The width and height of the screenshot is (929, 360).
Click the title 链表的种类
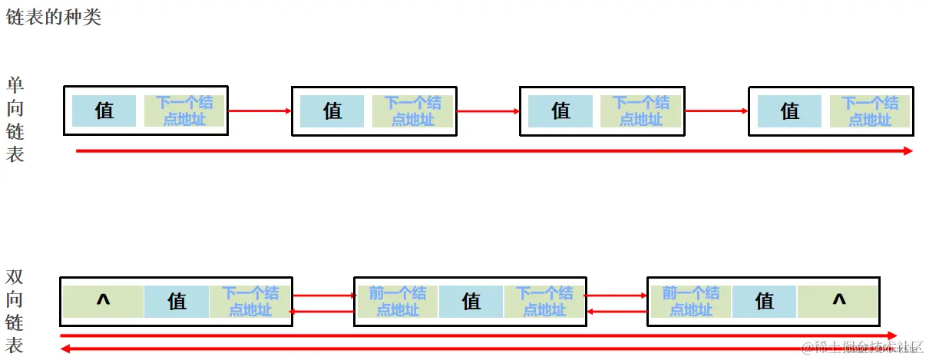tap(54, 17)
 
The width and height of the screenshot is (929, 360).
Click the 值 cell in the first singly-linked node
tap(104, 111)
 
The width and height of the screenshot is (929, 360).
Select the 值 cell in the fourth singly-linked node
tap(789, 111)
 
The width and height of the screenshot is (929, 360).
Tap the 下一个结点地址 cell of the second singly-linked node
tap(412, 111)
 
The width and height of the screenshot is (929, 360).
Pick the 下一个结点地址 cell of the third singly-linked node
tap(640, 111)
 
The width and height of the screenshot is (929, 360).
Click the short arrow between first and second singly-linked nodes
tap(260, 111)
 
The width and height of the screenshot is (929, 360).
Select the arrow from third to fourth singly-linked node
tap(716, 111)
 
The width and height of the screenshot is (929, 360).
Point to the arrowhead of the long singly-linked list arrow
tap(908, 151)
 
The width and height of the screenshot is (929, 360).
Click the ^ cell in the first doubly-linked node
tap(103, 301)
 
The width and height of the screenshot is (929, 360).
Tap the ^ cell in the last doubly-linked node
tap(838, 301)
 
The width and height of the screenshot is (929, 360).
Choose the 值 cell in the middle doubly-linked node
tap(471, 301)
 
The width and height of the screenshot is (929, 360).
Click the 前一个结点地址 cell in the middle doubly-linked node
tap(398, 301)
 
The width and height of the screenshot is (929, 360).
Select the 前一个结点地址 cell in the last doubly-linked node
tap(691, 301)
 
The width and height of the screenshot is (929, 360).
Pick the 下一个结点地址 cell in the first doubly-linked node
tap(250, 301)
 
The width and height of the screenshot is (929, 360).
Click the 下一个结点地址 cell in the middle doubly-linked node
tap(544, 301)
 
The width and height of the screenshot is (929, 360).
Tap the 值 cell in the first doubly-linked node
tap(177, 301)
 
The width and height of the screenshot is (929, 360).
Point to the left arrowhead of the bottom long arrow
tap(65, 348)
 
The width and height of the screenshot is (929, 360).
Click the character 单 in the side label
tap(15, 84)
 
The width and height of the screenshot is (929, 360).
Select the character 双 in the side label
tap(15, 276)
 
